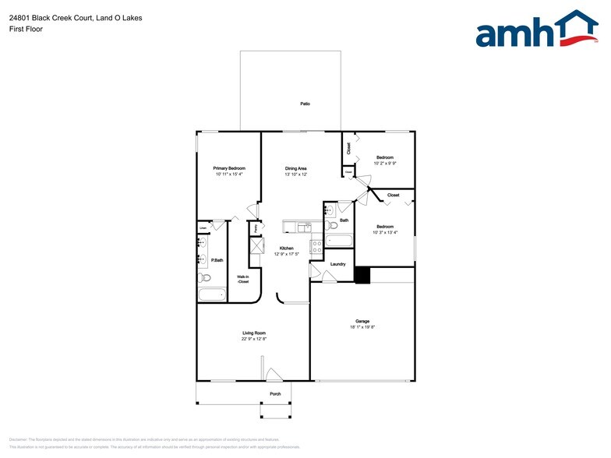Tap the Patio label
click(305, 104)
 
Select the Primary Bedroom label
click(229, 168)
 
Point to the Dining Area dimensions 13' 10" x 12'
click(295, 174)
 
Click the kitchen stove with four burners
click(316, 247)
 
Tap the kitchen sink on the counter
click(296, 227)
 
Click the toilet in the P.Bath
click(204, 277)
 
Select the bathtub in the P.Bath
click(212, 294)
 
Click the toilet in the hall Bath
click(330, 224)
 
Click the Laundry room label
click(337, 264)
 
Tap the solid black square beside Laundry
click(362, 275)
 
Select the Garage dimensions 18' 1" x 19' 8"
click(362, 327)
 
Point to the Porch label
click(275, 394)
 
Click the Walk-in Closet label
click(243, 279)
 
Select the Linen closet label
click(203, 228)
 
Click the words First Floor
click(26, 29)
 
